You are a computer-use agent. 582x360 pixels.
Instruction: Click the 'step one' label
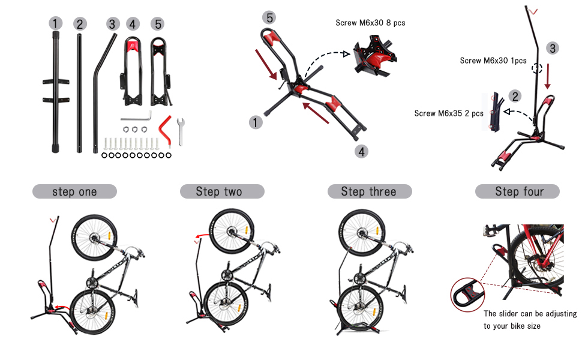coord(74,192)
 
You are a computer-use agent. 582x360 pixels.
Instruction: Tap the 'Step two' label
coord(222,192)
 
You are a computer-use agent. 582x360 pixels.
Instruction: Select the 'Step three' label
coord(369,192)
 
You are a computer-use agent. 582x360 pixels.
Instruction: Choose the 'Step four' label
coord(517,192)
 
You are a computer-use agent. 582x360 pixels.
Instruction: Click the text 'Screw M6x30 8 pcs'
coord(370,23)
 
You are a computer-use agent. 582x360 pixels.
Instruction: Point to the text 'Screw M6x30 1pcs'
coord(493,61)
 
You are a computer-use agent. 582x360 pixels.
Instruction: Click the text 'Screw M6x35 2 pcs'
coord(449,113)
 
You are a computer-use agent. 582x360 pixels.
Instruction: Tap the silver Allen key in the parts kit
coord(137,115)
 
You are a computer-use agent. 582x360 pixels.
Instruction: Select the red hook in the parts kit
coord(164,128)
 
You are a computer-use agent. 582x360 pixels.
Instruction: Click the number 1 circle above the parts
coord(56,23)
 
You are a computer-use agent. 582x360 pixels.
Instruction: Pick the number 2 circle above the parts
coord(80,24)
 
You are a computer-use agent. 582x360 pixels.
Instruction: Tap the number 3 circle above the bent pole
coord(113,24)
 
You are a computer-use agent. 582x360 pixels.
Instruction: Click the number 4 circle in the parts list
coord(133,24)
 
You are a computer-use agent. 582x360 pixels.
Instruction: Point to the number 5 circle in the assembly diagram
coord(269,18)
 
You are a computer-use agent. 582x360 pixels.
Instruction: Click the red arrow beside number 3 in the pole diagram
coord(548,75)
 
